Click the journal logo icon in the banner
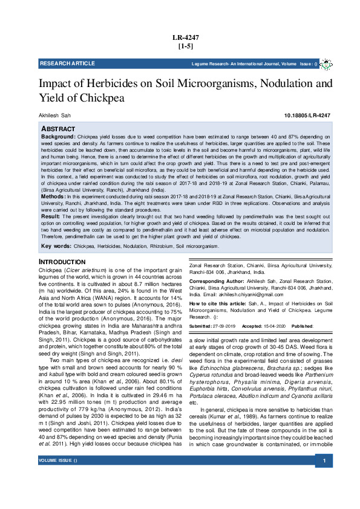326,63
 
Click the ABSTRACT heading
58,129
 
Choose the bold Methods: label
53,197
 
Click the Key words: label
56,247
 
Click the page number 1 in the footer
324,479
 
